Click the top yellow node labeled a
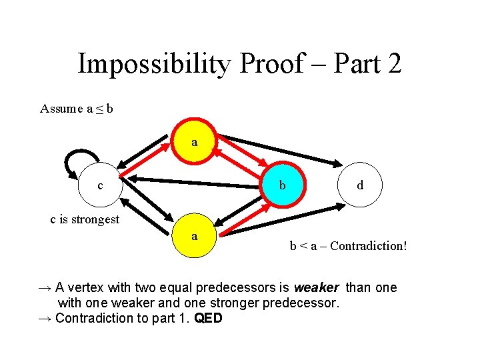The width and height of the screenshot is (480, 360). click(x=194, y=142)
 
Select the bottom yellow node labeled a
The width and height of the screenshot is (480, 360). click(x=194, y=236)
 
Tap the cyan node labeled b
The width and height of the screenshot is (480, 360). click(x=283, y=185)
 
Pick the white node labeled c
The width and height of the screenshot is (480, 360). click(x=100, y=185)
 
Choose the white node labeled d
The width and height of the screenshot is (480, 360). click(x=360, y=185)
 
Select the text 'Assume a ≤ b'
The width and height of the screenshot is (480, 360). click(x=76, y=109)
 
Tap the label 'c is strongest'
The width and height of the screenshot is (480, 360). click(x=85, y=219)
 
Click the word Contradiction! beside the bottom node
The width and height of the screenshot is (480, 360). click(x=368, y=246)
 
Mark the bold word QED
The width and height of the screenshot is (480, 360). click(x=208, y=318)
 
